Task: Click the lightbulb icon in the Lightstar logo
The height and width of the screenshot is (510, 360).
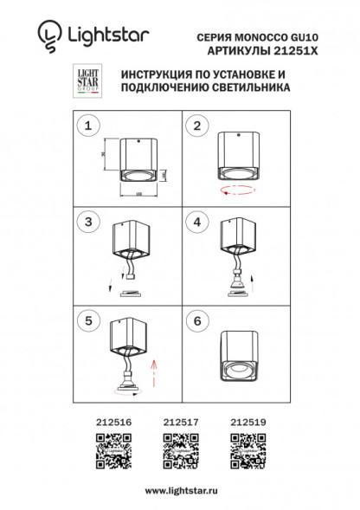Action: pos(49,35)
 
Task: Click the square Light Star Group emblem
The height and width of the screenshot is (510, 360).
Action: pos(85,81)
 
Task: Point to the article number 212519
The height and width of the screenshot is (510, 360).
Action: pos(249,422)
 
